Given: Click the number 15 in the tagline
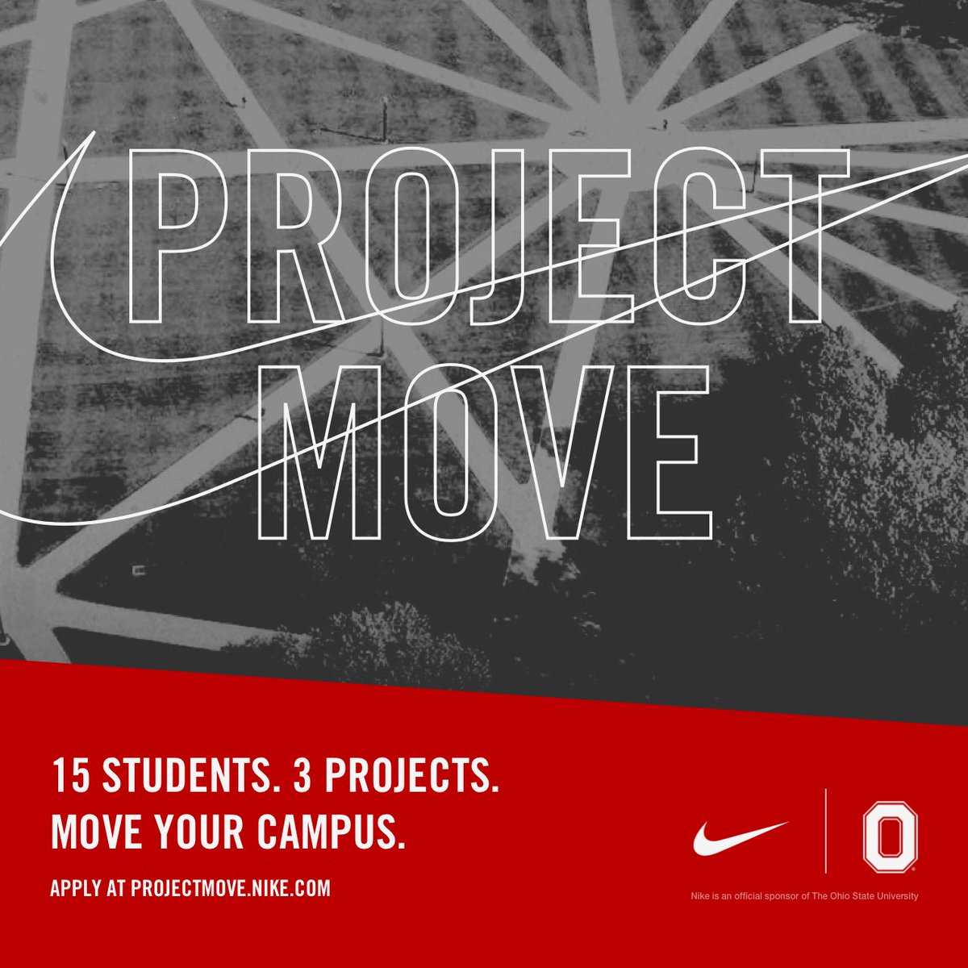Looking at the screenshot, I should click(67, 775).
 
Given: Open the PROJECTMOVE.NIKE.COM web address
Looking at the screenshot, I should click(231, 888).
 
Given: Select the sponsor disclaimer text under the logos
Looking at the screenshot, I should click(804, 895).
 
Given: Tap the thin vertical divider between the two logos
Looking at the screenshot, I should click(825, 831).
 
